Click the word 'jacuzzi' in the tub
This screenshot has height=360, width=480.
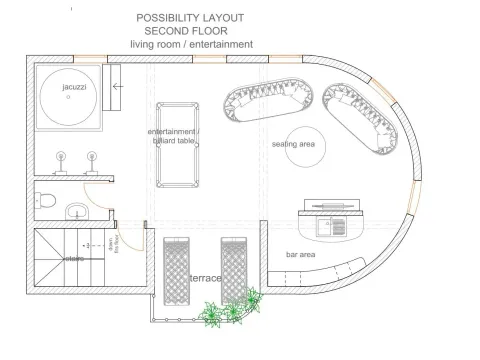pos(74,88)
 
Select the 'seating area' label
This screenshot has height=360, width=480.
pos(294,145)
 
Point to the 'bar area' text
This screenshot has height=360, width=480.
pos(302,255)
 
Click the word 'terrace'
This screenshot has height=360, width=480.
pos(206,278)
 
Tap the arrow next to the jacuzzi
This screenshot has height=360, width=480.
pos(118,87)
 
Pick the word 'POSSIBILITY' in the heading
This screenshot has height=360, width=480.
pos(164,18)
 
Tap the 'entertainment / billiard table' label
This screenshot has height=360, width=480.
pos(175,137)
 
